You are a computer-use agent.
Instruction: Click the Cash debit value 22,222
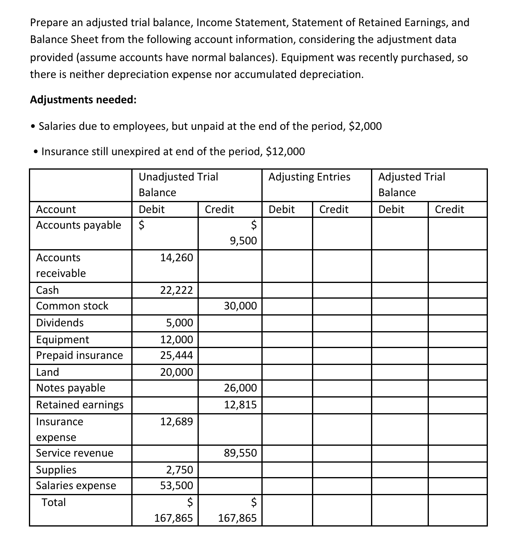click(176, 290)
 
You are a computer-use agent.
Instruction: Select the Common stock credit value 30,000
click(240, 306)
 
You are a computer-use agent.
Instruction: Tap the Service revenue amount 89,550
click(240, 453)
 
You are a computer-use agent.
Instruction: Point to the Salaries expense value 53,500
click(176, 486)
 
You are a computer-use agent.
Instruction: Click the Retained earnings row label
click(80, 405)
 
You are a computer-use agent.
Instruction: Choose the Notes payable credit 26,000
click(240, 388)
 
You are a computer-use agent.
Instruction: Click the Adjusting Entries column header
click(309, 177)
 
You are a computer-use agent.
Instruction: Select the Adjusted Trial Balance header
click(412, 184)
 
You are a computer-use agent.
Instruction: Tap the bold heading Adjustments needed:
click(83, 100)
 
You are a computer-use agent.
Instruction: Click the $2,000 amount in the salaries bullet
click(365, 126)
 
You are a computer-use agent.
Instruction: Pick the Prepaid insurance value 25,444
click(176, 355)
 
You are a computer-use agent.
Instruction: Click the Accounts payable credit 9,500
click(243, 241)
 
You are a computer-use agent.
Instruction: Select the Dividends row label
click(60, 323)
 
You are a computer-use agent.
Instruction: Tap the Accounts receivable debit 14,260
click(176, 258)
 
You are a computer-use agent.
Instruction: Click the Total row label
click(54, 502)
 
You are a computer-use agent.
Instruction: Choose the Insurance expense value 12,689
click(176, 422)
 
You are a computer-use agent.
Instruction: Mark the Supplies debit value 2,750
click(179, 470)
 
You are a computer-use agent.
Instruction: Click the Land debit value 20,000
click(176, 372)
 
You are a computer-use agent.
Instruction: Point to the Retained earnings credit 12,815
click(240, 405)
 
